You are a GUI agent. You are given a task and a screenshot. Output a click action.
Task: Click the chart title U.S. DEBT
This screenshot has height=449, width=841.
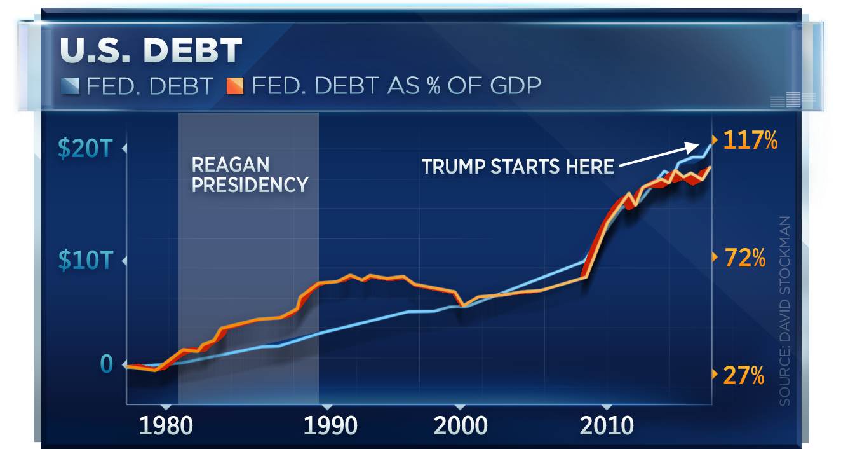[x=151, y=51]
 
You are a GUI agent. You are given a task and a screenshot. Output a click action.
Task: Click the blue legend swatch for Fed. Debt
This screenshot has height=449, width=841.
[x=70, y=86]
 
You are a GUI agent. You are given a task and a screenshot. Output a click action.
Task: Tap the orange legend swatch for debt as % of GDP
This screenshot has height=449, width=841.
[x=236, y=86]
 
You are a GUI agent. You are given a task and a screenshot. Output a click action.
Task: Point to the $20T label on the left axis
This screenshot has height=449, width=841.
[x=85, y=148]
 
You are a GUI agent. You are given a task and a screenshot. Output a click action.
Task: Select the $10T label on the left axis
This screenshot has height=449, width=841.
[x=85, y=260]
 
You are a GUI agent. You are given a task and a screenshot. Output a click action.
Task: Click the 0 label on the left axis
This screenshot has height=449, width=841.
[x=106, y=364]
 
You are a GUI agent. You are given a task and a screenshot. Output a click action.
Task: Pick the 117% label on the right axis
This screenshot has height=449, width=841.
[x=750, y=141]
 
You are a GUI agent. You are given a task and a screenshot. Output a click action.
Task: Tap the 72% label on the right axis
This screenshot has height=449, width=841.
[x=744, y=258]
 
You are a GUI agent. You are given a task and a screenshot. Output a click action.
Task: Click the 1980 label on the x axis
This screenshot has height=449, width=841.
[x=165, y=425]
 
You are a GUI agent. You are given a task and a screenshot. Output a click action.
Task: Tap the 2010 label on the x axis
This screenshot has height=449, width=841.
[x=607, y=425]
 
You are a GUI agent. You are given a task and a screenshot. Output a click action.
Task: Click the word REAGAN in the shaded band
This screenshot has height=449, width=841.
[x=230, y=165]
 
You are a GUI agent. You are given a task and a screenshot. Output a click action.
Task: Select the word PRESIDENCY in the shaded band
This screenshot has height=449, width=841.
[x=250, y=185]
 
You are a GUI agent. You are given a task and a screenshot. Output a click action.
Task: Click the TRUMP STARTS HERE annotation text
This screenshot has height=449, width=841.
[x=518, y=167]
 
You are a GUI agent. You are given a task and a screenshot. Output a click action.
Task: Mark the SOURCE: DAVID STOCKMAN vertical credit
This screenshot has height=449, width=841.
[x=785, y=312]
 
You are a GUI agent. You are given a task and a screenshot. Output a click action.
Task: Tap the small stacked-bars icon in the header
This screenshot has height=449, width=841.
[x=793, y=100]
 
